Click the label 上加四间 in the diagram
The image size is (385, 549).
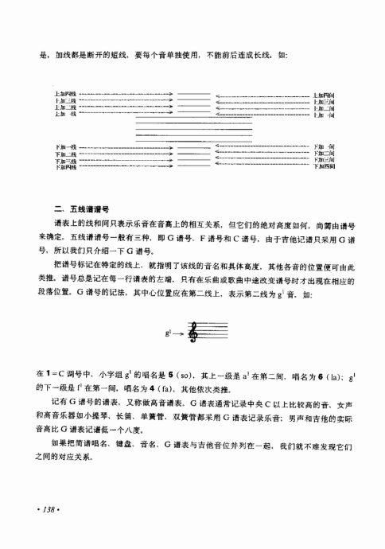tap(325, 95)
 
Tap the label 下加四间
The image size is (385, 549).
tap(325, 169)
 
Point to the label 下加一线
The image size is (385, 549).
tap(64, 147)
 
